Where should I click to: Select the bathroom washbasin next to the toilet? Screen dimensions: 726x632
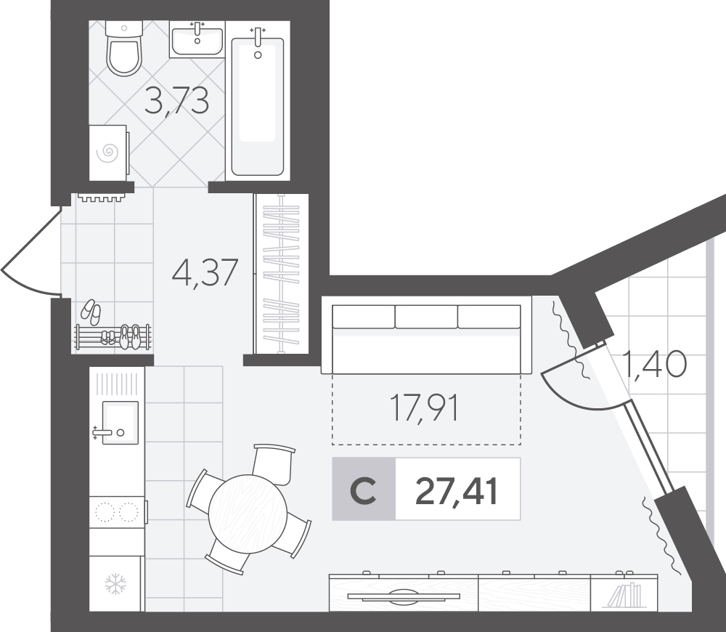197,39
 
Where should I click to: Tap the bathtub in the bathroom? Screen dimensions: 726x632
258,105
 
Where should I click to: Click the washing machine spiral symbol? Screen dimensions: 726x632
110,151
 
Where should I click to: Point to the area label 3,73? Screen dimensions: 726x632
177,101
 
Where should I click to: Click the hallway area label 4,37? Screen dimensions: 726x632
205,272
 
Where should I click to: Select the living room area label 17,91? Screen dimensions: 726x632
425,408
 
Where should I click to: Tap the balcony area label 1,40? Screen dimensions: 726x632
654,364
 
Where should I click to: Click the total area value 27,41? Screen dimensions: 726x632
457,491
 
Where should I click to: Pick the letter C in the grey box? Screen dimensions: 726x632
363,491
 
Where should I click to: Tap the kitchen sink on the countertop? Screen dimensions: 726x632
120,423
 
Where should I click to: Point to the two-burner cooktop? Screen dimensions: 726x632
118,511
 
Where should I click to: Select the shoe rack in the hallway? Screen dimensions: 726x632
113,337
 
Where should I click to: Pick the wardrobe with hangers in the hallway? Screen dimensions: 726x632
281,273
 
